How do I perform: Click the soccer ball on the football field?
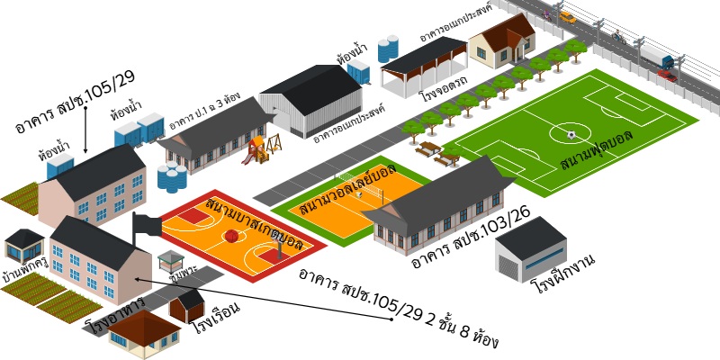pyautogui.click(x=571, y=135)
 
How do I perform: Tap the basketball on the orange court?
pyautogui.click(x=231, y=236)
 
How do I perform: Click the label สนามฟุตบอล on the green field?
pyautogui.click(x=597, y=149)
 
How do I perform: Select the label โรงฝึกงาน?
pyautogui.click(x=564, y=274)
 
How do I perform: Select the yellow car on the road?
pyautogui.click(x=567, y=16)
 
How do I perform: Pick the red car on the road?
pyautogui.click(x=666, y=76)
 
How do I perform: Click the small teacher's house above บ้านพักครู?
pyautogui.click(x=23, y=244)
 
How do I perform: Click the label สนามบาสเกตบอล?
pyautogui.click(x=254, y=222)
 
